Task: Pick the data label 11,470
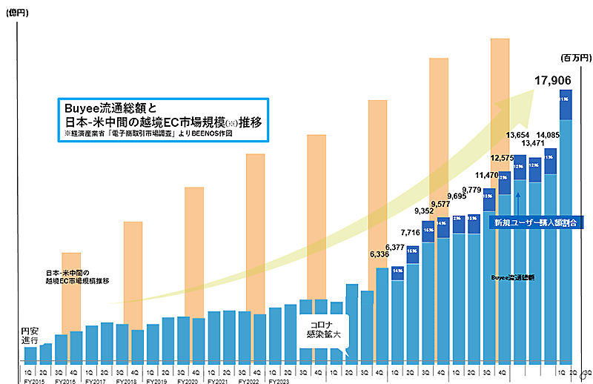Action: coord(488,176)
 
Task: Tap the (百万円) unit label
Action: coord(573,56)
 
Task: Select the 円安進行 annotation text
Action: coord(30,334)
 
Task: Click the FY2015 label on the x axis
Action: coord(34,381)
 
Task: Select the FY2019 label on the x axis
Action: coord(157,381)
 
